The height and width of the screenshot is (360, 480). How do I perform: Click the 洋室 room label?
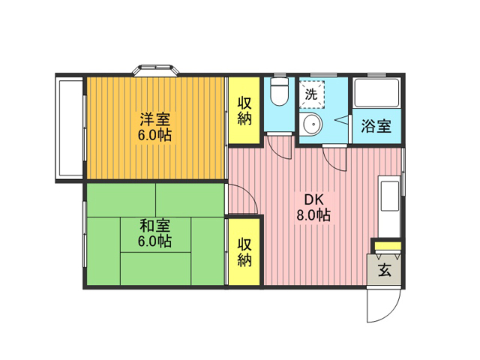tap(155, 119)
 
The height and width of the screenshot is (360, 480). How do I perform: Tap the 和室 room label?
tap(155, 226)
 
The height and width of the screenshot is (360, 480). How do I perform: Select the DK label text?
tap(313, 200)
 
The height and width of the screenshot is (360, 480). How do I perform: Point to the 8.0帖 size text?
tap(313, 215)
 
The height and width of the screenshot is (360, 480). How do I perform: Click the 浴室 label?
tap(376, 125)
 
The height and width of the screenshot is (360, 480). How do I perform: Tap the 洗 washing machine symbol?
tap(312, 94)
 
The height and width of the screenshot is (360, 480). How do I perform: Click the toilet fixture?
tap(280, 91)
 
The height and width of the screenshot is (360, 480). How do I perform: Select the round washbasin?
tap(313, 124)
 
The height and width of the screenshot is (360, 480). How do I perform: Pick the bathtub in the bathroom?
tap(376, 93)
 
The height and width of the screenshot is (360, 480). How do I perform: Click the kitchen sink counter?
tap(389, 207)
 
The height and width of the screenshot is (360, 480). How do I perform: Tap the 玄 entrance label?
tap(385, 269)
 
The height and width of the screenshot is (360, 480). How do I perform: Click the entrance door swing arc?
tap(392, 312)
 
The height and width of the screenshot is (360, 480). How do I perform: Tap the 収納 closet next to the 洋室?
tap(244, 110)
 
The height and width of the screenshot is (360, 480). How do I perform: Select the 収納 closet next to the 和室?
tap(244, 252)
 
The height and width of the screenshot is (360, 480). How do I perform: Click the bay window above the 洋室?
tap(156, 70)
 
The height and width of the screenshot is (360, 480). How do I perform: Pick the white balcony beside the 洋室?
tap(70, 128)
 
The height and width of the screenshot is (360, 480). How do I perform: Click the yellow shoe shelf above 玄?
tap(388, 246)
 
